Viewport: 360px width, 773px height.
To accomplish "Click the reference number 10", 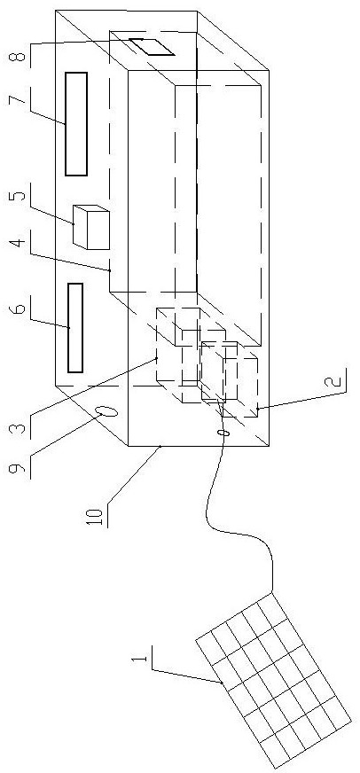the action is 98,516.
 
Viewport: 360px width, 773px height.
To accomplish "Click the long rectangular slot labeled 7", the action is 76,124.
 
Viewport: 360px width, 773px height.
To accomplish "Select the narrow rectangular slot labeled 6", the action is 75,328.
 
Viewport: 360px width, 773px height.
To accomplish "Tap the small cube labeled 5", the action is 90,227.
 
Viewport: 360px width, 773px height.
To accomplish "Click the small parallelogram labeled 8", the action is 152,46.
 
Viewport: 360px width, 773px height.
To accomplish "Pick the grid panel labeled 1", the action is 274,683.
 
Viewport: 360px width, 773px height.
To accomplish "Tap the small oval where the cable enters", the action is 221,433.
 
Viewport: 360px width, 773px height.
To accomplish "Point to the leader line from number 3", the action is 93,388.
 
